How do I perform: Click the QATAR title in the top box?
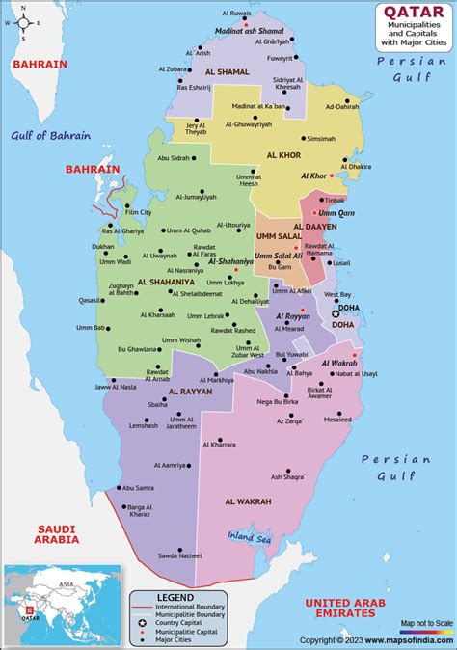tap(407, 12)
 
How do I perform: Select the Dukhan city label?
tap(102, 247)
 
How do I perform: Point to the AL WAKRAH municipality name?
tap(249, 501)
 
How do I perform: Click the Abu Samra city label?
tap(138, 488)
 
